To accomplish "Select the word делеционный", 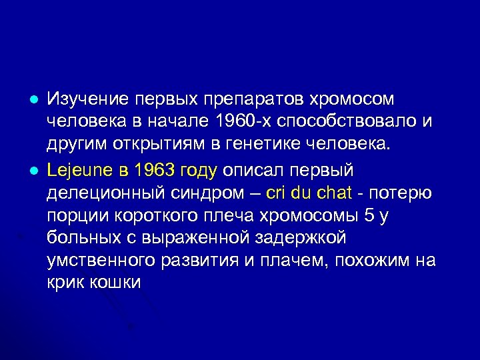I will [103, 193].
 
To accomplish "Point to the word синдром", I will [208, 193].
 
